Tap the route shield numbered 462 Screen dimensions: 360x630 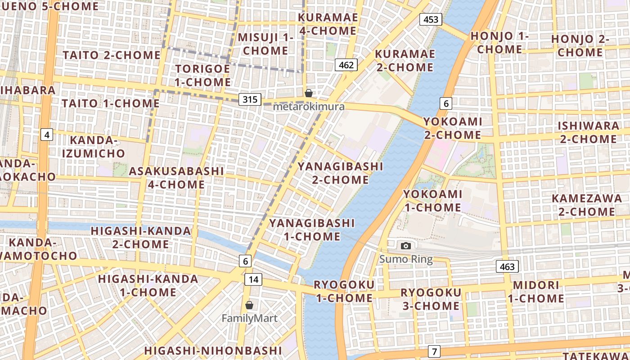coord(346,65)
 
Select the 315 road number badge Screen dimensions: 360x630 coord(250,99)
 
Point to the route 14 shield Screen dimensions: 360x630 coord(253,279)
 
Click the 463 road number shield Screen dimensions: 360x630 coord(507,267)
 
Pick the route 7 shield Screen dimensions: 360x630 coord(434,351)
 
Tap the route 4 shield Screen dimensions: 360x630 coord(47,134)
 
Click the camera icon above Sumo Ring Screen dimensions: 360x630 coord(406,246)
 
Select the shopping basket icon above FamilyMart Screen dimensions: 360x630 coord(249,305)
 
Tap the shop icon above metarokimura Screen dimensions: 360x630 coord(309,93)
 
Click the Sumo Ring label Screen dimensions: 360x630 coord(406,259)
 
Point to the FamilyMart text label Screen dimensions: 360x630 coord(249,319)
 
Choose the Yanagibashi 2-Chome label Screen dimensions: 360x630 coord(340,173)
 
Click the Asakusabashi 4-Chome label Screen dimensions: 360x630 coord(176,178)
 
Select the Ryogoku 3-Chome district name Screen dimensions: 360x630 coord(431,299)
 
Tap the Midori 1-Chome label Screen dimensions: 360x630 coord(536,292)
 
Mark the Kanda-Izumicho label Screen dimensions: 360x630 coord(94,147)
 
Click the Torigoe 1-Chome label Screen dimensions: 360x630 coord(202,76)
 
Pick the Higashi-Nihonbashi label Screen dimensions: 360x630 coord(213,351)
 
